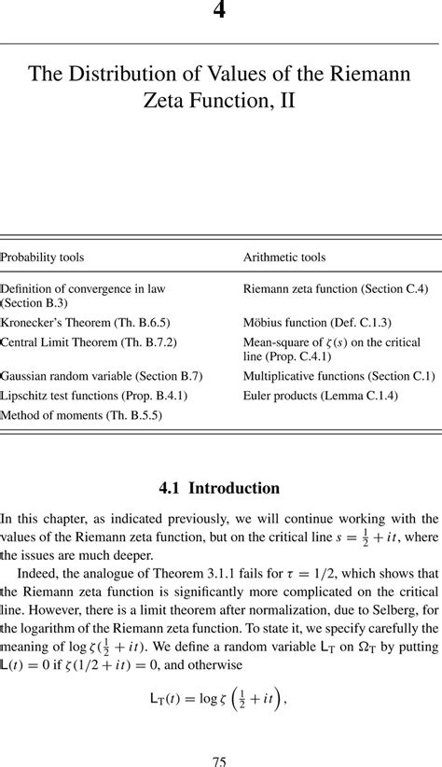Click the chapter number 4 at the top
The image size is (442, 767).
pyautogui.click(x=220, y=10)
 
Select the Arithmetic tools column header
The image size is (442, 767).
pyautogui.click(x=284, y=257)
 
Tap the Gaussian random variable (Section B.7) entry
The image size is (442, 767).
pyautogui.click(x=102, y=376)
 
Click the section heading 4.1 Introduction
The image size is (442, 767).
pyautogui.click(x=220, y=488)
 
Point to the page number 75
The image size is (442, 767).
pyautogui.click(x=220, y=761)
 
